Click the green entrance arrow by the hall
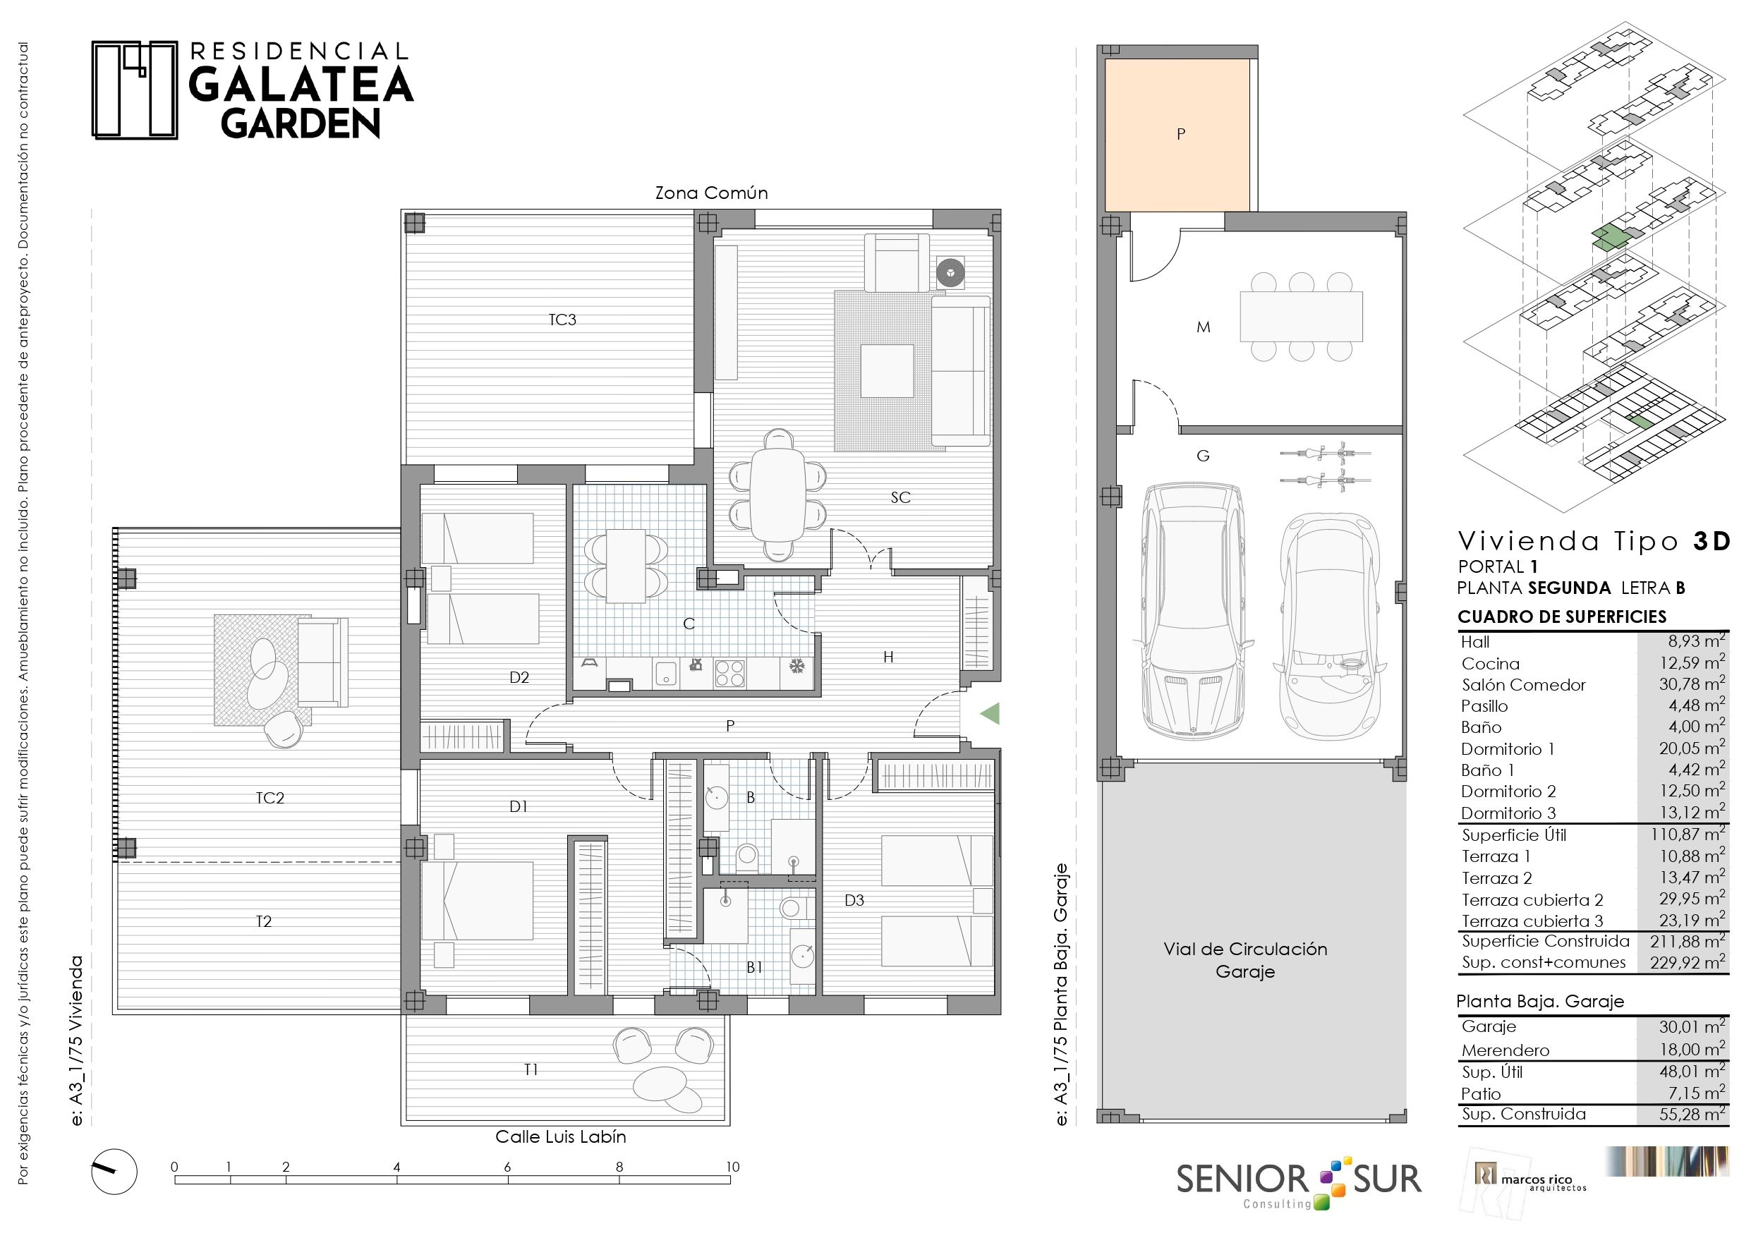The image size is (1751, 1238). click(x=990, y=714)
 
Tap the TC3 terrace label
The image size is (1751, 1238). click(x=562, y=320)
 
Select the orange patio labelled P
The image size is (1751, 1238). click(x=1177, y=135)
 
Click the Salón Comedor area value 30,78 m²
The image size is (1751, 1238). click(x=1692, y=684)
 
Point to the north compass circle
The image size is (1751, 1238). click(x=114, y=1171)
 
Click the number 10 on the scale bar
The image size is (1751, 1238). click(x=732, y=1166)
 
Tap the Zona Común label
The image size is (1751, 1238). click(x=712, y=193)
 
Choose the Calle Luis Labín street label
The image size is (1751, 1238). click(x=561, y=1136)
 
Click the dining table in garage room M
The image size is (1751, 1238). click(x=1301, y=317)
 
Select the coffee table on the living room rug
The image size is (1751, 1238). click(x=887, y=371)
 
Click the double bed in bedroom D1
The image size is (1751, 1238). click(x=478, y=900)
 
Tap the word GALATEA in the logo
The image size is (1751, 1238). click(x=301, y=85)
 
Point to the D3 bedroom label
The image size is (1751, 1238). click(x=854, y=900)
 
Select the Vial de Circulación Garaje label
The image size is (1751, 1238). click(x=1245, y=959)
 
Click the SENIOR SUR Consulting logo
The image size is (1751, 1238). click(x=1299, y=1182)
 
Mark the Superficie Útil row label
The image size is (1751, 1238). click(x=1514, y=835)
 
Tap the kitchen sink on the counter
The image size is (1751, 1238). click(x=666, y=674)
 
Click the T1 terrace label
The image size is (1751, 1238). click(x=531, y=1069)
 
